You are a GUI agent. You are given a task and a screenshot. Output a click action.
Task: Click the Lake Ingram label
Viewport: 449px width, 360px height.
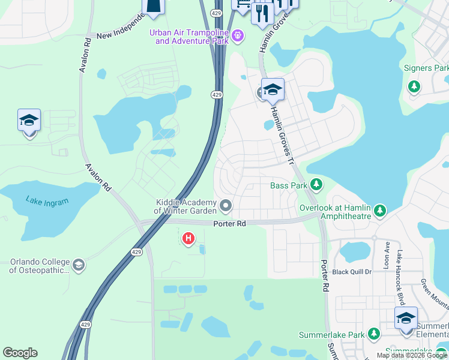47,201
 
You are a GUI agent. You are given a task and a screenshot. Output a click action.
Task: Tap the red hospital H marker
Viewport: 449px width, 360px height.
188,239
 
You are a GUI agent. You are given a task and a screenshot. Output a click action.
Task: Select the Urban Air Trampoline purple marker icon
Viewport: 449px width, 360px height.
238,36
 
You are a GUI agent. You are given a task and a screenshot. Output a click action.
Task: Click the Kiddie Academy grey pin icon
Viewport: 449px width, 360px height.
226,206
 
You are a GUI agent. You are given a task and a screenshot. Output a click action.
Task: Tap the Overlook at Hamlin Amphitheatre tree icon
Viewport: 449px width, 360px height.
379,211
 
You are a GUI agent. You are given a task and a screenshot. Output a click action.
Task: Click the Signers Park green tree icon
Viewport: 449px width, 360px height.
414,86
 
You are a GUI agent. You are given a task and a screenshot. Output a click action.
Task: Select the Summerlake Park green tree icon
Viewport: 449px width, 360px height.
374,333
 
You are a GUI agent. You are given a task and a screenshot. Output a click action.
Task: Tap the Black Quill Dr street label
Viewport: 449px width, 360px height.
352,272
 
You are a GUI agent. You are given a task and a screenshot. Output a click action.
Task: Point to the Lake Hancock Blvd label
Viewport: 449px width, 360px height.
399,270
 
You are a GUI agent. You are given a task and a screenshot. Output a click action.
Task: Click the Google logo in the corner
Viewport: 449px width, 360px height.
20,353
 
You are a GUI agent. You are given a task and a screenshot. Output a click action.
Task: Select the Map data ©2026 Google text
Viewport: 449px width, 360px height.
412,355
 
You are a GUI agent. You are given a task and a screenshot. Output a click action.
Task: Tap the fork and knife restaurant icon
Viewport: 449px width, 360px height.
262,13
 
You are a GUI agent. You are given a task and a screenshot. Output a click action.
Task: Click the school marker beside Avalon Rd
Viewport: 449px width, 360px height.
29,121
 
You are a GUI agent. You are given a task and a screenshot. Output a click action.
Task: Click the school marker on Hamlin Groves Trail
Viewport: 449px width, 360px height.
273,91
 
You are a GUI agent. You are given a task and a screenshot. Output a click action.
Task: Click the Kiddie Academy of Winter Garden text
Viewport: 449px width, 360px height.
184,206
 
